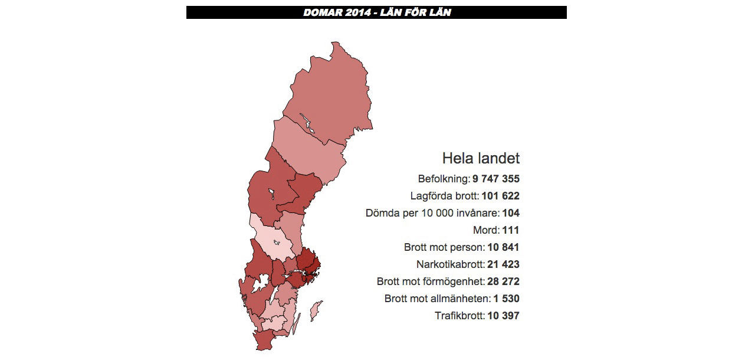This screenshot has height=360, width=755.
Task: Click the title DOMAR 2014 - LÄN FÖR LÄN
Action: point(377,12)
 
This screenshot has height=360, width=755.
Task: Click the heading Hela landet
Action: point(481,158)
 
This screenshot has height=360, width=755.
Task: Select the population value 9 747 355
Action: point(496,179)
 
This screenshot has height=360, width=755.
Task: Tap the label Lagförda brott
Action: point(445,196)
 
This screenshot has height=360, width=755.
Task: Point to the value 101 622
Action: point(501,196)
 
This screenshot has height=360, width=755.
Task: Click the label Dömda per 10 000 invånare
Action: point(432,213)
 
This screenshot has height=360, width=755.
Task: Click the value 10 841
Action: point(504,247)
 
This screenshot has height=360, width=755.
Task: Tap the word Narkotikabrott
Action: point(450,264)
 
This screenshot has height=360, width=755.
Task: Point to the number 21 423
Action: point(504,264)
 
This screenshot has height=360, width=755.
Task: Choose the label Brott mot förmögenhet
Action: point(431,282)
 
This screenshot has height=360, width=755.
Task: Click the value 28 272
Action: point(504,282)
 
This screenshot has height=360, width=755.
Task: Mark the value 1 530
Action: point(507,299)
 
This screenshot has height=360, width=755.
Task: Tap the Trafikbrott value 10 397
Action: point(504,316)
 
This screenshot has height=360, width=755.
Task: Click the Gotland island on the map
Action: point(316,309)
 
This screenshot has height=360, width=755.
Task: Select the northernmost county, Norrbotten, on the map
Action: point(330,94)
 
